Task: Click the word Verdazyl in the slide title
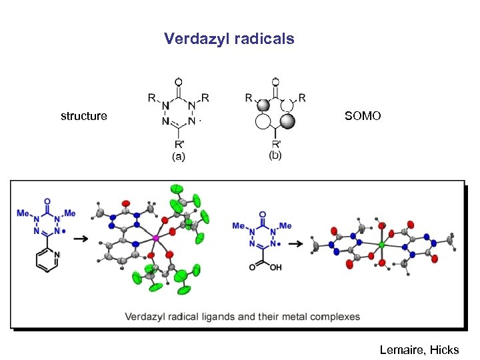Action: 197,39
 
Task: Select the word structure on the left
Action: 83,116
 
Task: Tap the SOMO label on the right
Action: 363,116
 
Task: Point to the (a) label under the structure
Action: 179,157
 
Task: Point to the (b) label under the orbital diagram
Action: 275,156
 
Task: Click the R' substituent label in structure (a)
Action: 179,144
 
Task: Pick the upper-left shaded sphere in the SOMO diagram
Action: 263,105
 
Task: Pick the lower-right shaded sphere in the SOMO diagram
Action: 288,121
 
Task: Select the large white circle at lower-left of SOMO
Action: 263,121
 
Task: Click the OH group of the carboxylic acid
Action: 275,267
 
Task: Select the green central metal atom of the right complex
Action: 381,245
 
